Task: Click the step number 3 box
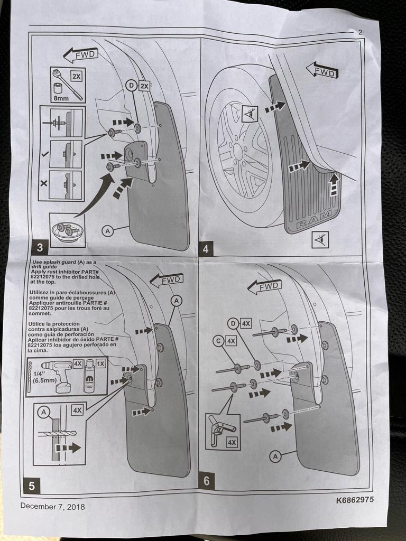[40, 247]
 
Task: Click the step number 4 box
[206, 249]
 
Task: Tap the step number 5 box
[32, 486]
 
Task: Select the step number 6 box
[207, 481]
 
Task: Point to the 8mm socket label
[61, 98]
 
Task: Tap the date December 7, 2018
[52, 507]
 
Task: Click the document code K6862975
[355, 500]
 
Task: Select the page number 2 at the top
[361, 32]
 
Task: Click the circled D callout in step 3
[131, 85]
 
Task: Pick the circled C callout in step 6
[218, 341]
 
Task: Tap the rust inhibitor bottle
[89, 376]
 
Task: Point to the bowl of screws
[67, 231]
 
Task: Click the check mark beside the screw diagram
[44, 154]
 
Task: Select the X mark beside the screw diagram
[44, 183]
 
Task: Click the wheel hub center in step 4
[238, 152]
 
